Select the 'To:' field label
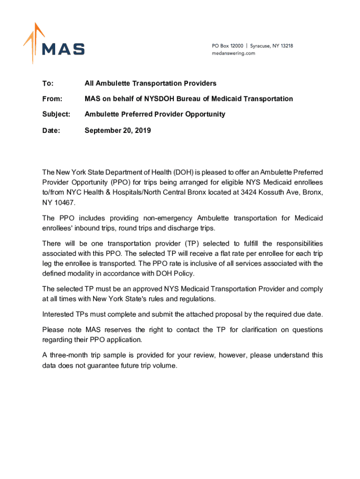48,83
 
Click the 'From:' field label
52,99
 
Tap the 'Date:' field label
51,131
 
